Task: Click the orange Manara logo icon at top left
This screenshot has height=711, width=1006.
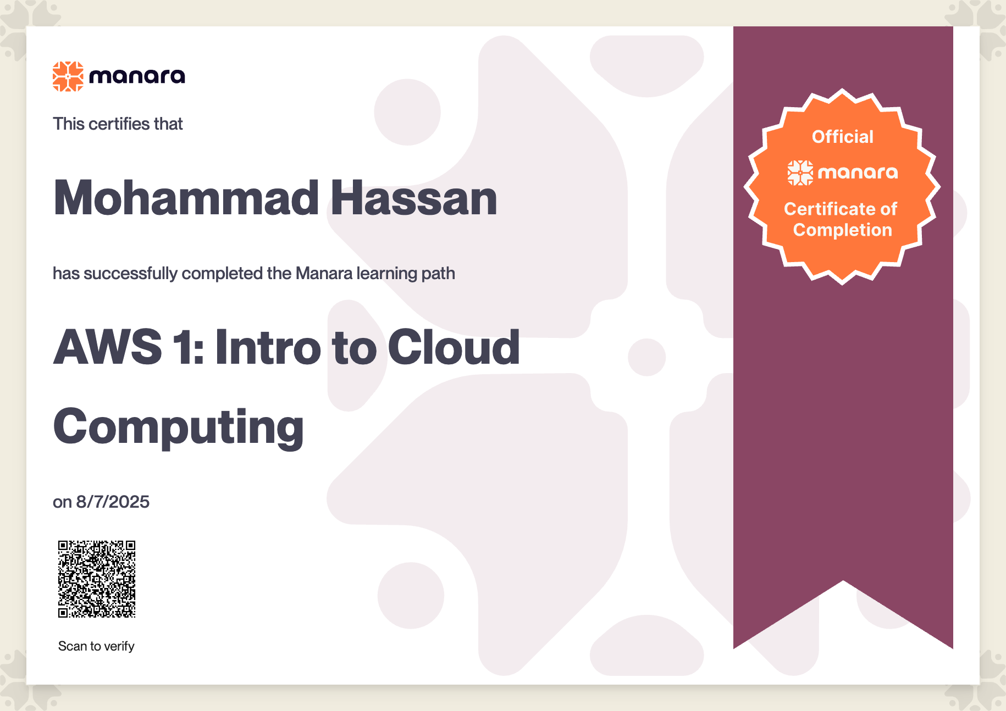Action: [x=68, y=76]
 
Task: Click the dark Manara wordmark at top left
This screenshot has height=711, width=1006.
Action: [x=137, y=76]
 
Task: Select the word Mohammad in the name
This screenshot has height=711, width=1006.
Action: [x=186, y=198]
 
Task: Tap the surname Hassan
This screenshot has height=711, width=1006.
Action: [x=414, y=198]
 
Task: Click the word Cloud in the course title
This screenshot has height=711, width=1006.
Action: [x=454, y=347]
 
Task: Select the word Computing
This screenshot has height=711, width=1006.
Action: [x=179, y=427]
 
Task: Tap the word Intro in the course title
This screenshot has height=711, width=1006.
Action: [x=268, y=347]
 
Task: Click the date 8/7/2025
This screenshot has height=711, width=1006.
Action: [x=113, y=502]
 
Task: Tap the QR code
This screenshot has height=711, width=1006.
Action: [x=97, y=579]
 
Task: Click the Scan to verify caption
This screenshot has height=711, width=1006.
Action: [x=96, y=646]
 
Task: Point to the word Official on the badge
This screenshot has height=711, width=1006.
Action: [x=843, y=137]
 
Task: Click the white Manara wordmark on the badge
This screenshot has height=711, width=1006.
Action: [x=858, y=173]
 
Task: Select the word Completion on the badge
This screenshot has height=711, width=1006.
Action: [x=843, y=230]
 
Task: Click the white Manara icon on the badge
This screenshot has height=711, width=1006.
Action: [x=800, y=173]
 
